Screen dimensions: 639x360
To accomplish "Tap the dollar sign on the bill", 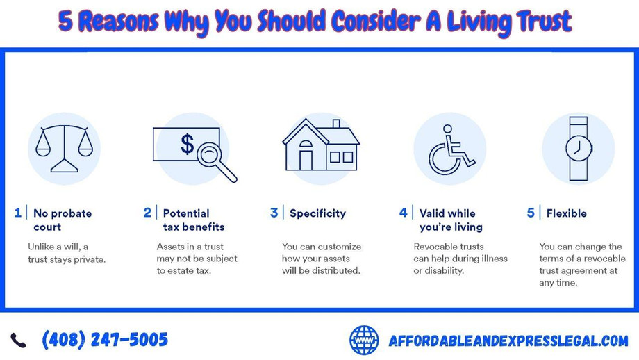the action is click(x=187, y=144).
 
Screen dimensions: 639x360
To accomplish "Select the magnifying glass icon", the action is click(x=216, y=162).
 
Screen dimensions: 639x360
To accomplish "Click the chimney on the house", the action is click(x=336, y=124).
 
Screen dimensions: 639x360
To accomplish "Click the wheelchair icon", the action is click(x=450, y=149).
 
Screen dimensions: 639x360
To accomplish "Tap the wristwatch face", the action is click(x=579, y=149).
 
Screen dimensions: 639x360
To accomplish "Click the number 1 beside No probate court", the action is click(x=17, y=213).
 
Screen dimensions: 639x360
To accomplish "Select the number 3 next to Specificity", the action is click(x=274, y=213).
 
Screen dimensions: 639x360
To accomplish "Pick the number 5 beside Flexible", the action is click(x=531, y=213).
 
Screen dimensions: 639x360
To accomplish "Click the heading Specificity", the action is click(x=318, y=213).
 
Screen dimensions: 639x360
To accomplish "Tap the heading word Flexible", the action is click(x=567, y=213).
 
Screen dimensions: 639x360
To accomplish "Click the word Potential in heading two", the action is click(x=186, y=213).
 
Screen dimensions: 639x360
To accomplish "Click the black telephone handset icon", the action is click(x=18, y=341).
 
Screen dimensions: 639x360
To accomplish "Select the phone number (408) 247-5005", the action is click(x=105, y=340).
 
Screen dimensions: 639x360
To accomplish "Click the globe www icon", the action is click(x=364, y=340).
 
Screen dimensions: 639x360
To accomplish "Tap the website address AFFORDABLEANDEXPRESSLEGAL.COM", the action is click(x=508, y=341).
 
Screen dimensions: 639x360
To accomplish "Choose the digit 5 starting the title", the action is click(x=66, y=22).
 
